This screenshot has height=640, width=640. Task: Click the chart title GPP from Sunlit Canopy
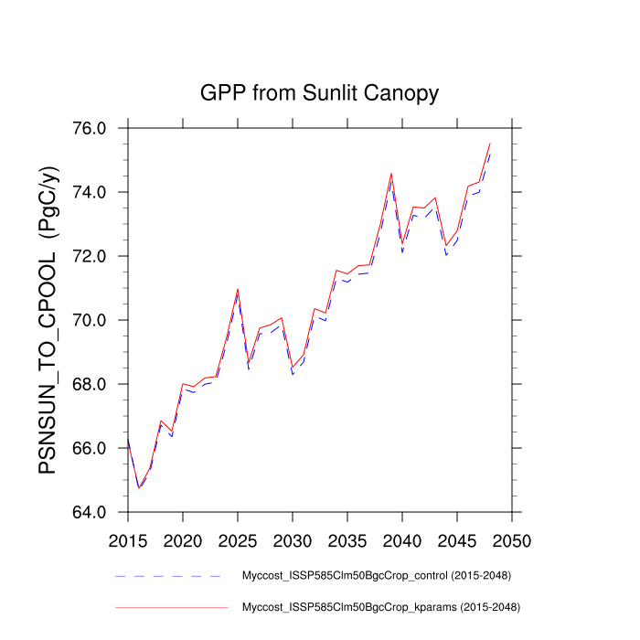(x=319, y=93)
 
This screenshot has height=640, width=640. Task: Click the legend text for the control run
(x=376, y=576)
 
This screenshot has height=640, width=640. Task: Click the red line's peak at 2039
(x=391, y=173)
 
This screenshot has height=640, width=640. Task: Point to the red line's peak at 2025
(x=238, y=289)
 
